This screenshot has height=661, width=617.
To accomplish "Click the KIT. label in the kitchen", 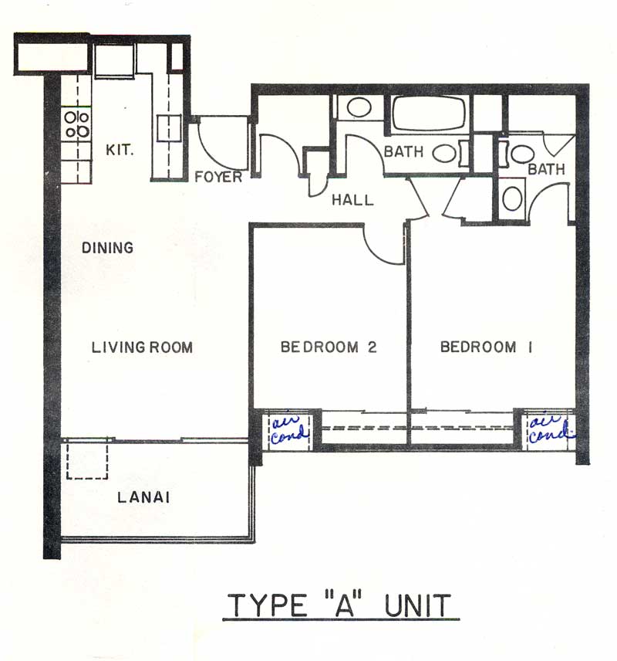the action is [120, 150].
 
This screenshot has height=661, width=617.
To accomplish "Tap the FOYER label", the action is [218, 177].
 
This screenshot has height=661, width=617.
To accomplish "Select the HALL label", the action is [352, 200].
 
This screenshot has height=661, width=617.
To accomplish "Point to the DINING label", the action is [107, 247].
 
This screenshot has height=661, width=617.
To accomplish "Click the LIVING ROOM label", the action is [143, 347].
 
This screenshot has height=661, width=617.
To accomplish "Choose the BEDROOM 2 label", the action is [329, 347].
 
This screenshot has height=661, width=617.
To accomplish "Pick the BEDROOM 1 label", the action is [487, 347].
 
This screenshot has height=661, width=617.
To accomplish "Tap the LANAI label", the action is [143, 497].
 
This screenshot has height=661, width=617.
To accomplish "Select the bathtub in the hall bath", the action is [428, 113].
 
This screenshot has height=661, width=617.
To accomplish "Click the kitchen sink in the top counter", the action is [115, 61].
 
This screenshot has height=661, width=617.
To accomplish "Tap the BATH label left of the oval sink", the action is [403, 151].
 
